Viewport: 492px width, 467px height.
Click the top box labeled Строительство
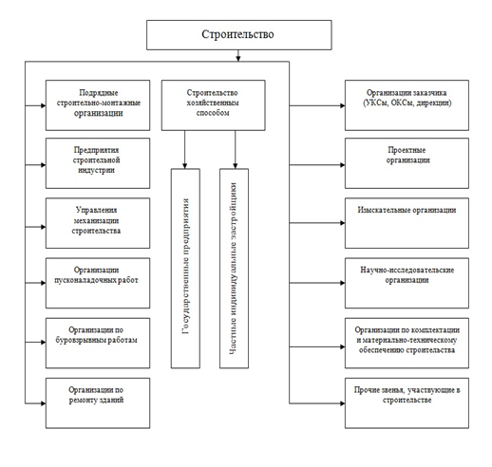coord(239,35)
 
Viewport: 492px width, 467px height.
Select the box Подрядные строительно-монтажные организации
coord(98,105)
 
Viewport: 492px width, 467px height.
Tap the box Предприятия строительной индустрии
coord(98,163)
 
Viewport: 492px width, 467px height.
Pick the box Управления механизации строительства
coord(98,223)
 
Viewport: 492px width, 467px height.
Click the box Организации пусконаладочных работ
coord(98,283)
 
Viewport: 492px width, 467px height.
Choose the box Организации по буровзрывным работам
coord(98,344)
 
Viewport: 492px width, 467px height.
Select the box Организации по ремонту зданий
coord(98,403)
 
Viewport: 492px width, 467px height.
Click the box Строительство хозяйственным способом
coord(214,105)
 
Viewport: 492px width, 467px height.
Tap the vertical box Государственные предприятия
coord(185,269)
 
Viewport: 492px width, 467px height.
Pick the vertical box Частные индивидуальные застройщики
coord(234,269)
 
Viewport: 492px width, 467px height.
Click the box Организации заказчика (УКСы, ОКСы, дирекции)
coord(407,105)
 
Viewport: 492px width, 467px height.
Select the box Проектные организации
coord(407,163)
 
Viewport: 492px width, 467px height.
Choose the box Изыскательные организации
coord(407,223)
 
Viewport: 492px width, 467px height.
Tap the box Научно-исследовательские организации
coord(407,283)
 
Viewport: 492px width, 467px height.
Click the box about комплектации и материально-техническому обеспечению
coord(407,344)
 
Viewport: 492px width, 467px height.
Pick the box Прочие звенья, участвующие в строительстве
coord(407,403)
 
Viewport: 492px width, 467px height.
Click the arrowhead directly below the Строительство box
coord(238,59)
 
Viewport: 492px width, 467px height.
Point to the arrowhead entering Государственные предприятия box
coord(185,166)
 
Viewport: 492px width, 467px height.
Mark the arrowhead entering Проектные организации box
coord(342,165)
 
